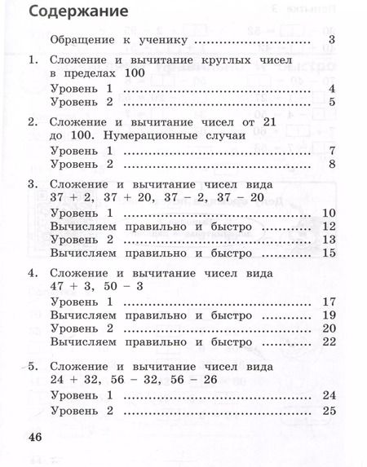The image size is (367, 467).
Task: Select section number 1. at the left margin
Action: (x=33, y=60)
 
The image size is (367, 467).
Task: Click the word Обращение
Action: (x=86, y=40)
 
